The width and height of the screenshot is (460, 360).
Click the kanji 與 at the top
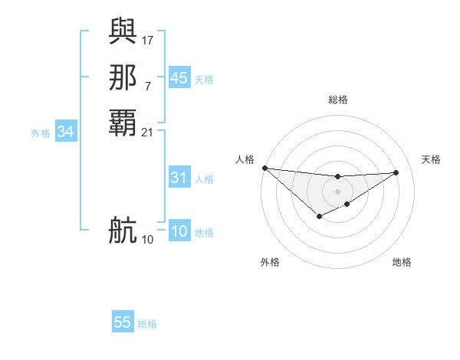pos(123,30)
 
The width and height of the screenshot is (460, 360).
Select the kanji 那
pos(123,77)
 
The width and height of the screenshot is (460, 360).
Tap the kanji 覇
pos(123,123)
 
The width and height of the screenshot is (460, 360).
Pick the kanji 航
pos(123,230)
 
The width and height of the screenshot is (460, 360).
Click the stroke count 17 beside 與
pos(148,39)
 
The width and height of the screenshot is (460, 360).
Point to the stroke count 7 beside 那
pos(147,86)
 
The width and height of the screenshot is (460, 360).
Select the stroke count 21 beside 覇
pos(148,133)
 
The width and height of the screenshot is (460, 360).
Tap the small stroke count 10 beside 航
pos(148,240)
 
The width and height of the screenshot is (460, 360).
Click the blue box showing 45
pos(179,78)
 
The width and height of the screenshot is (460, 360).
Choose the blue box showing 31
pos(179,178)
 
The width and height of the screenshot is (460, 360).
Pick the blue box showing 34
pos(66,133)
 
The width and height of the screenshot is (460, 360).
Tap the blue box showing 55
pos(123,322)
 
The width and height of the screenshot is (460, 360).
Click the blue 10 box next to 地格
pos(179,232)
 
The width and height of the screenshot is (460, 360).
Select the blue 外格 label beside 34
pos(41,133)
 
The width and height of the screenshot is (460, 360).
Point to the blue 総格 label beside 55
pos(147,324)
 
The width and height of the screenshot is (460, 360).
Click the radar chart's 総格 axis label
pos(337,100)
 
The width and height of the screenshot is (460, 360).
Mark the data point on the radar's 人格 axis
pos(264,168)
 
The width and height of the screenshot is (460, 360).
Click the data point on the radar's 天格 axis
pos(396,172)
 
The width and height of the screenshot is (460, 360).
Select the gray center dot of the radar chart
pos(337,191)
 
